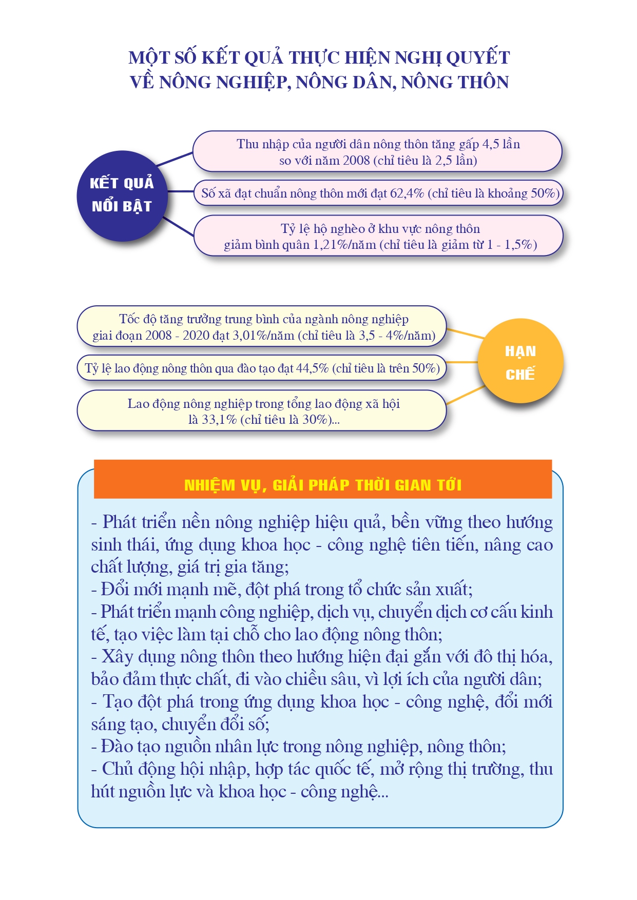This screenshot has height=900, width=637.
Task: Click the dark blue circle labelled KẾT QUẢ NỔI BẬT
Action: point(122,195)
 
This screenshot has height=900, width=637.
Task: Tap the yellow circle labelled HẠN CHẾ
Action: point(520,362)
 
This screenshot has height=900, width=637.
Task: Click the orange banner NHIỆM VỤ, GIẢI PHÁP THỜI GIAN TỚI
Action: point(322,480)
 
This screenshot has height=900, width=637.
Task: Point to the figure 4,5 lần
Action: point(500,144)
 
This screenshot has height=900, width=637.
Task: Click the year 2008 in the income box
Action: point(356,161)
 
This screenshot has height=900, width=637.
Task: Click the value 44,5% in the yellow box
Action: point(312,368)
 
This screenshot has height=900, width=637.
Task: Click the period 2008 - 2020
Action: point(173,336)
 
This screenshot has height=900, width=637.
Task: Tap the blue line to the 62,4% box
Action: point(180,192)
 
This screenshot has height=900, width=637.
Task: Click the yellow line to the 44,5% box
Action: point(462,362)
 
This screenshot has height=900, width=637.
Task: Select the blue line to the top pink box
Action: point(175,159)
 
